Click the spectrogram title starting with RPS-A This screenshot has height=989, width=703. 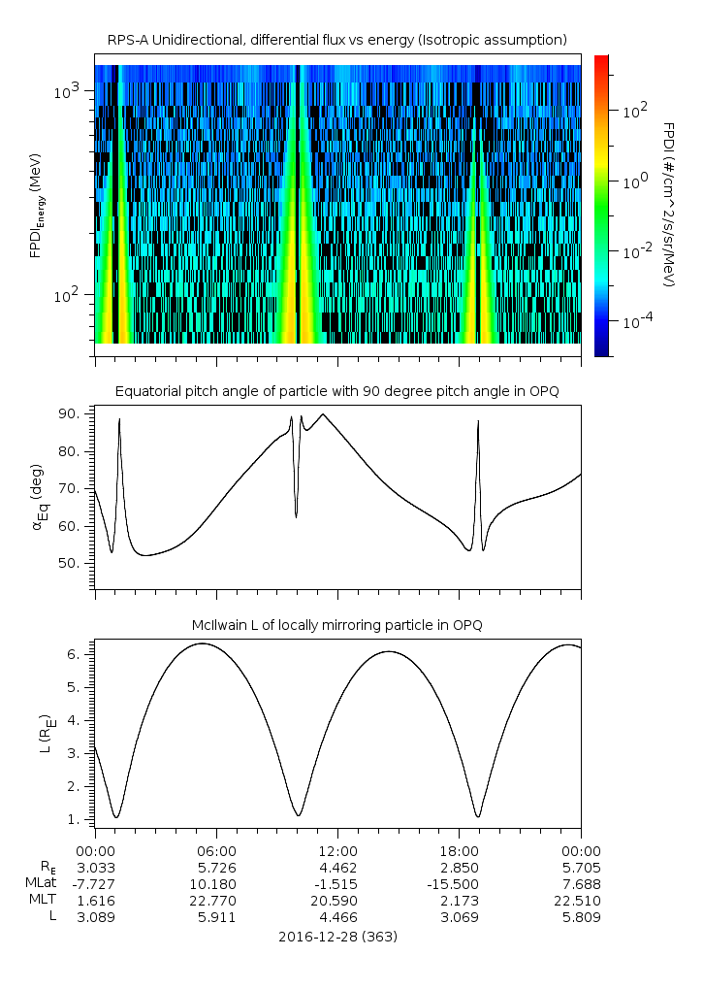336,40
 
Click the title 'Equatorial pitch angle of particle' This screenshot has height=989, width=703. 336,391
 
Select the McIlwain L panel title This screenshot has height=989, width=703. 336,625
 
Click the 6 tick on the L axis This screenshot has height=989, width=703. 82,654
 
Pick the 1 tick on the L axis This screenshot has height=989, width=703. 82,819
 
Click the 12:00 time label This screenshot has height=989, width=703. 337,850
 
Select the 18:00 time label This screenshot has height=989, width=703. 459,850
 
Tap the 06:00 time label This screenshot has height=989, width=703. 216,850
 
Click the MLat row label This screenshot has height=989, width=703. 42,883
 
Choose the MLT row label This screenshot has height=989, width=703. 43,900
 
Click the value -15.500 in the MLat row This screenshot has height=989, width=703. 459,883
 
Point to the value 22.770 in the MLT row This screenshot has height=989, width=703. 216,900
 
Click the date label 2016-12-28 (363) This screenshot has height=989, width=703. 337,937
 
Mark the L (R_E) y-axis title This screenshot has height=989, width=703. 45,734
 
